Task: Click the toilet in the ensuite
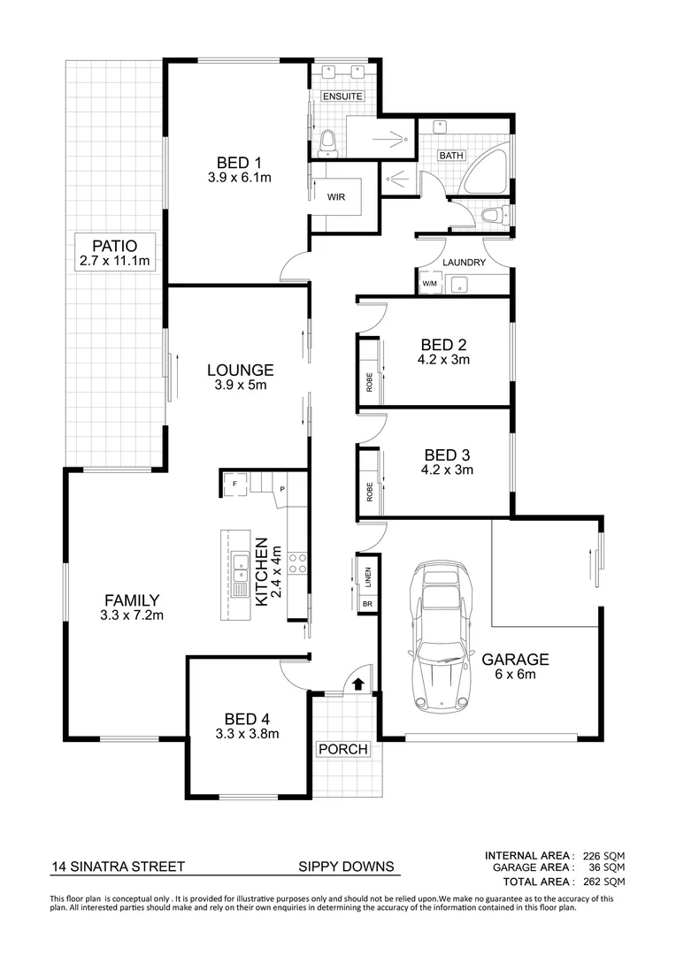(326, 140)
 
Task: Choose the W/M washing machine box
(429, 284)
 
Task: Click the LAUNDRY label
(464, 263)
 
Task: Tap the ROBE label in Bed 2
(369, 382)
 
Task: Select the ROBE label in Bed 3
(369, 493)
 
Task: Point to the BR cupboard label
(367, 604)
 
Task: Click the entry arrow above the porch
(357, 683)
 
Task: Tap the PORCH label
(342, 749)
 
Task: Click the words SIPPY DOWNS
(346, 867)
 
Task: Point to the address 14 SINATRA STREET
(118, 867)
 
